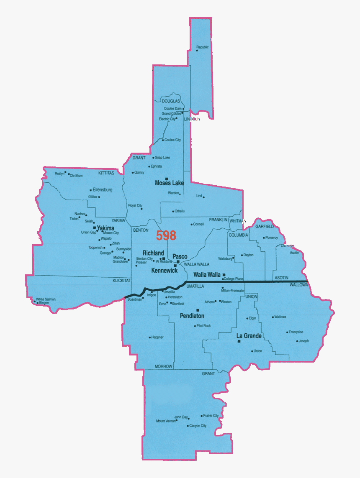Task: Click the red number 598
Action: pos(166,236)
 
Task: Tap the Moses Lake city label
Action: pos(170,183)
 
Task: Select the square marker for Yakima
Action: pos(95,228)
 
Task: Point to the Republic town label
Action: pos(203,47)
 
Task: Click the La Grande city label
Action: pos(249,336)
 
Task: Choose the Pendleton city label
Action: pos(192,316)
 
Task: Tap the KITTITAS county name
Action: pos(106,173)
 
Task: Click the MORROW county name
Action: pos(164,367)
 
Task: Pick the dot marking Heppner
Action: pos(150,337)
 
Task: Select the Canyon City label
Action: pos(198,426)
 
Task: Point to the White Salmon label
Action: pos(46,299)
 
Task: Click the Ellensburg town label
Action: pos(103,189)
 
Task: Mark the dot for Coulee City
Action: pos(163,140)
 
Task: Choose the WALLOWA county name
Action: pos(298,285)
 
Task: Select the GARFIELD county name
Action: pos(265,226)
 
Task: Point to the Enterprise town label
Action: pos(296,332)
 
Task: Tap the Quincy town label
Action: pos(139,172)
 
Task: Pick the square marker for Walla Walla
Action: pos(224,275)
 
